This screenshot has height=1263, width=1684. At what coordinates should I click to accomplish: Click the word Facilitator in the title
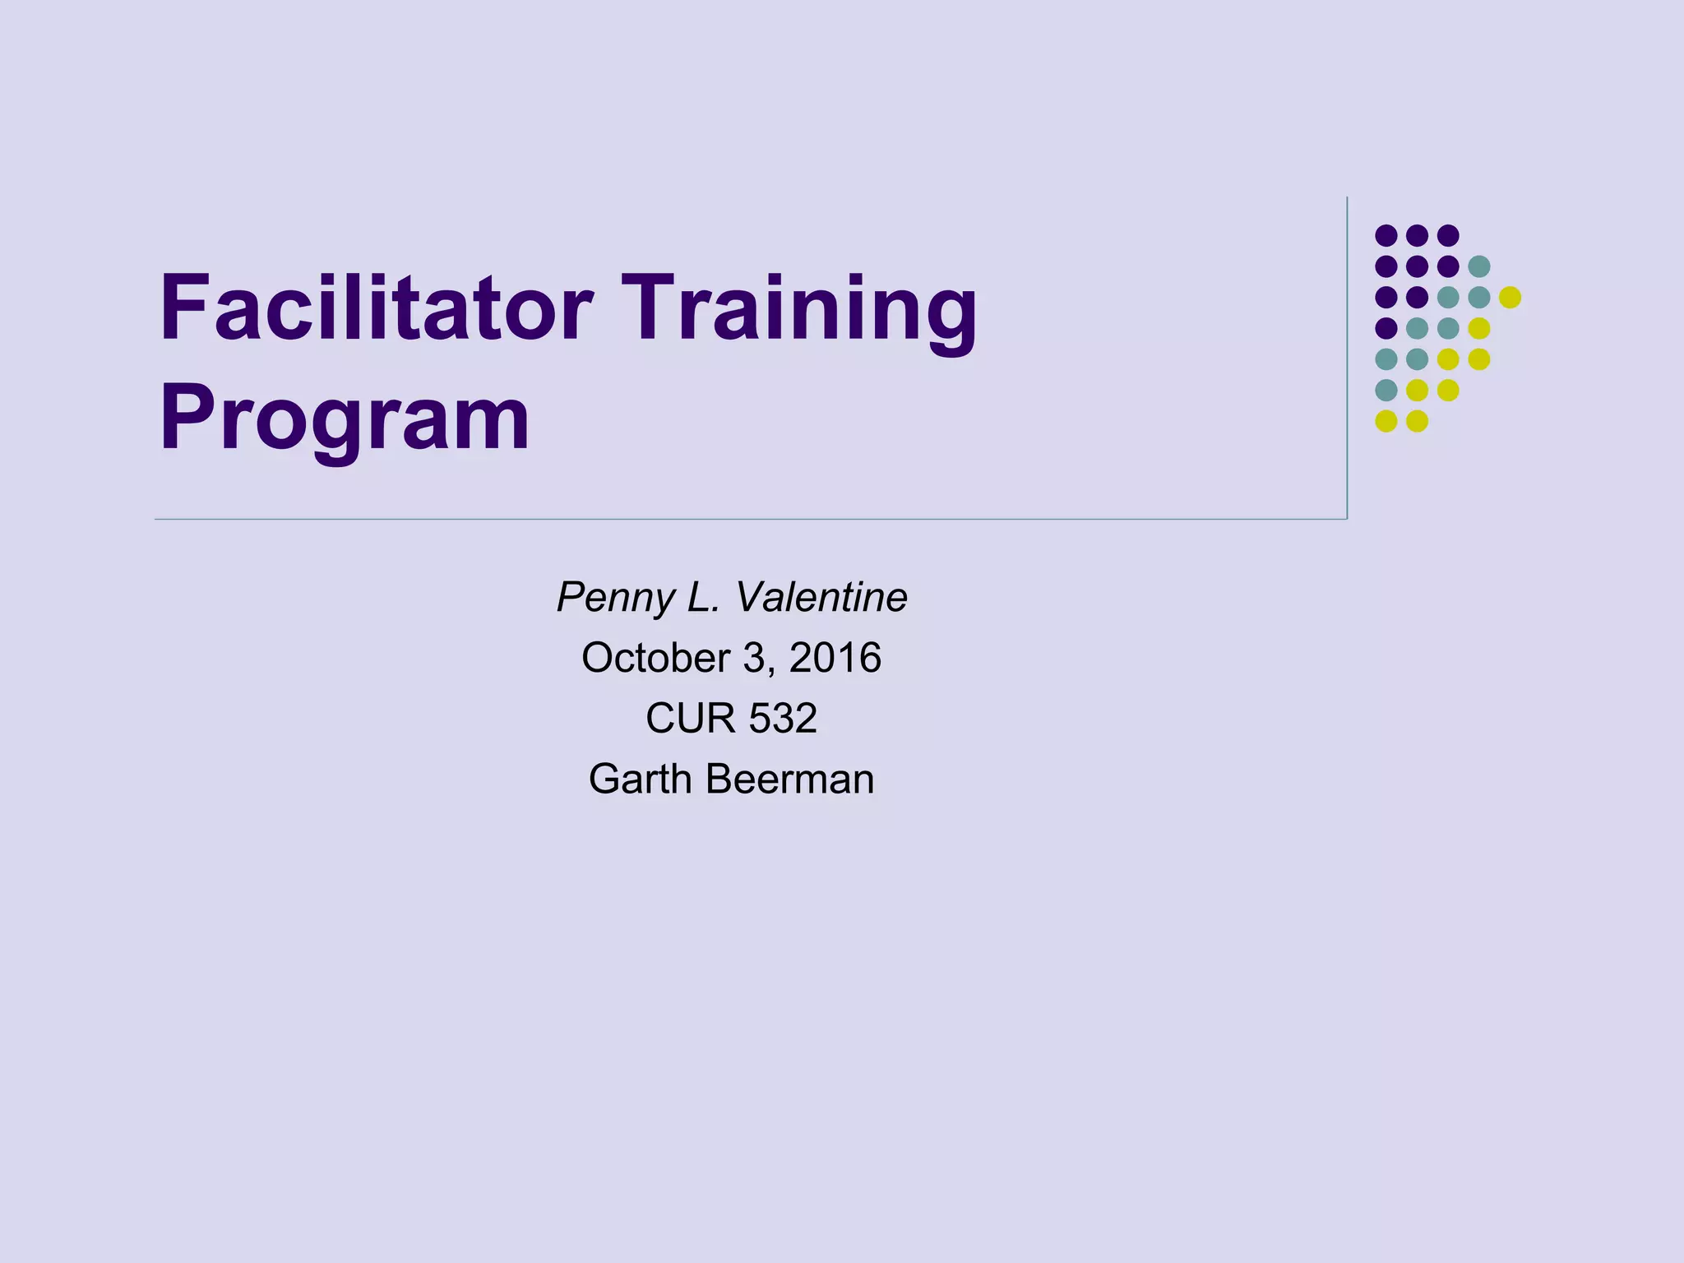(375, 308)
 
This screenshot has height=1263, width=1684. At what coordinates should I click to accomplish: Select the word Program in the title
(345, 419)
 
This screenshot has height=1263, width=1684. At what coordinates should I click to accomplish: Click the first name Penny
(615, 598)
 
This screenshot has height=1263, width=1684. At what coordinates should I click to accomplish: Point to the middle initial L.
(703, 598)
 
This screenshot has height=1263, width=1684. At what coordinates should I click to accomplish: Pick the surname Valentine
(821, 598)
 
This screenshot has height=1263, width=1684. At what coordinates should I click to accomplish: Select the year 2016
(835, 658)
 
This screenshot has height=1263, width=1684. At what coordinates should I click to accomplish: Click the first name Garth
(639, 779)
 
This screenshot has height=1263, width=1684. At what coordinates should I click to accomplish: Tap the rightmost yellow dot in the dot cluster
(1510, 298)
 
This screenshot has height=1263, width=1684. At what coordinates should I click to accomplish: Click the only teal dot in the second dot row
(1479, 266)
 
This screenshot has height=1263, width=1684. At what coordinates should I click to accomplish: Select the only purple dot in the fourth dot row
(1386, 328)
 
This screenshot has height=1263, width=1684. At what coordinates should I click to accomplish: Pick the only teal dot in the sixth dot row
(1386, 390)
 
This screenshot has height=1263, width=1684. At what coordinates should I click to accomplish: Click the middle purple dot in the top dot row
(1417, 236)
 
